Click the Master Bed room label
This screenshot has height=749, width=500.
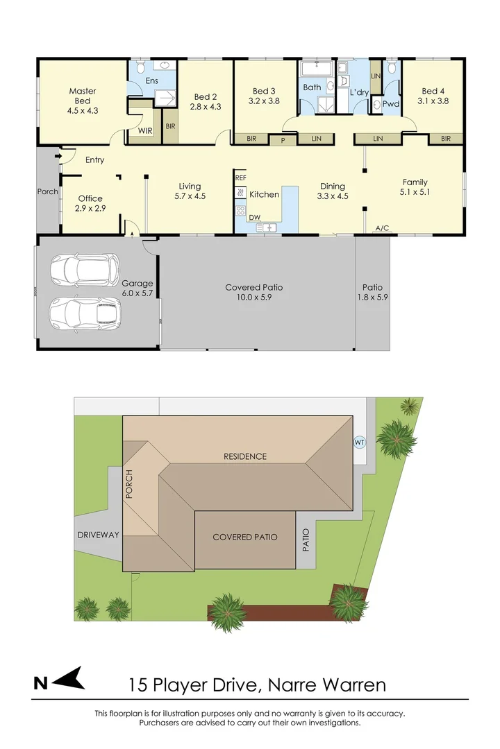coord(82,96)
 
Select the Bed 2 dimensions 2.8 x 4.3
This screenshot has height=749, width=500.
coord(205,107)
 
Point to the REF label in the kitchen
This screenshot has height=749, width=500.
coord(240,178)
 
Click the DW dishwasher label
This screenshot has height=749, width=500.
coord(244,217)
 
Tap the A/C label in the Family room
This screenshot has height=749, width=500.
coord(381,227)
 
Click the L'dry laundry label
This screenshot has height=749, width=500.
coord(358,92)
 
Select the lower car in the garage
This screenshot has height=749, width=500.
coord(85,313)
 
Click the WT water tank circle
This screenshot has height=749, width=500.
coord(359,441)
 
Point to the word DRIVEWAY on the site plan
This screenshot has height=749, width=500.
coord(98,535)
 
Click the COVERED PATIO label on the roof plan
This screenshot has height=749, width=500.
coord(245,537)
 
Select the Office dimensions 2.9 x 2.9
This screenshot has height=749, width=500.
coord(90,208)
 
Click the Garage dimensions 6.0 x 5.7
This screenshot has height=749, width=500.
coord(137,293)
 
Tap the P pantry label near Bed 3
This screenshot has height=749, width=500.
coord(283,139)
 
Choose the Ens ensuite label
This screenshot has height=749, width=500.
coord(151,81)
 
